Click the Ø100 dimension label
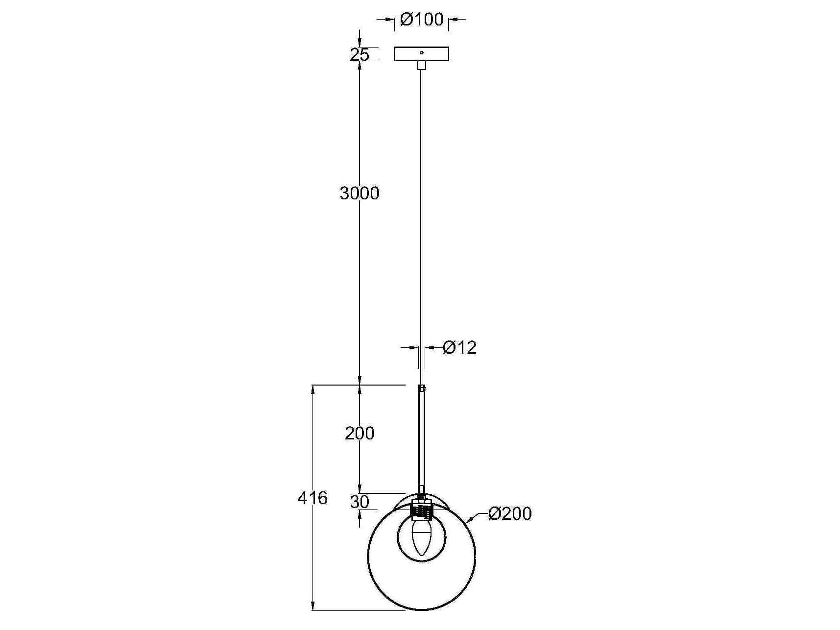[x=421, y=20]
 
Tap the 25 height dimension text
[x=359, y=55]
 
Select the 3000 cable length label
[x=360, y=194]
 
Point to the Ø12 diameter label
[x=459, y=348]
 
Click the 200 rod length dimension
[x=360, y=433]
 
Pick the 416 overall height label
[x=312, y=498]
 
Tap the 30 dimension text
[x=360, y=502]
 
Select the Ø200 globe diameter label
[x=510, y=514]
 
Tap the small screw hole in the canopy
[x=422, y=52]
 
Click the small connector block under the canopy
[x=421, y=65]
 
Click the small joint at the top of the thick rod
[x=421, y=388]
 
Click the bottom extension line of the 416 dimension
[x=358, y=610]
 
